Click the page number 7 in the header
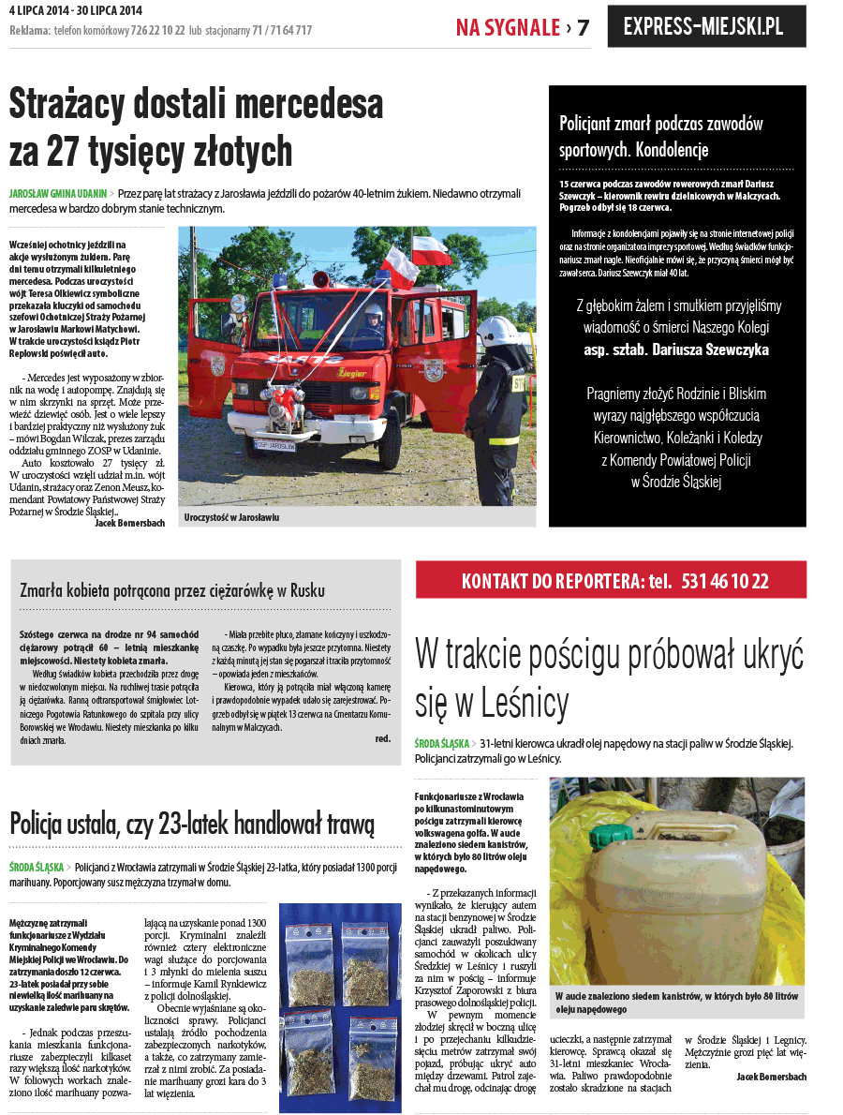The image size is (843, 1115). (x=583, y=27)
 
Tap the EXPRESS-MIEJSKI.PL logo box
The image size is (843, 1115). (x=706, y=26)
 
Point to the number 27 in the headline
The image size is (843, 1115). (x=100, y=150)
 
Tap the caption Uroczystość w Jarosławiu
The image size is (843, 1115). (x=231, y=516)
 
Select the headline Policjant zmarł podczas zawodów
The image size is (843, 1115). (x=660, y=124)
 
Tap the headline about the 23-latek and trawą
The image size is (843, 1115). (x=192, y=824)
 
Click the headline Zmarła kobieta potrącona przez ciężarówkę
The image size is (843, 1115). (x=172, y=590)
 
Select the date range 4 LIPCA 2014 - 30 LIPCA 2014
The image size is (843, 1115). (x=74, y=10)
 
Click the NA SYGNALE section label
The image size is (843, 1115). (x=508, y=27)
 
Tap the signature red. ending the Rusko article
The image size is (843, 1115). (x=382, y=738)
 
